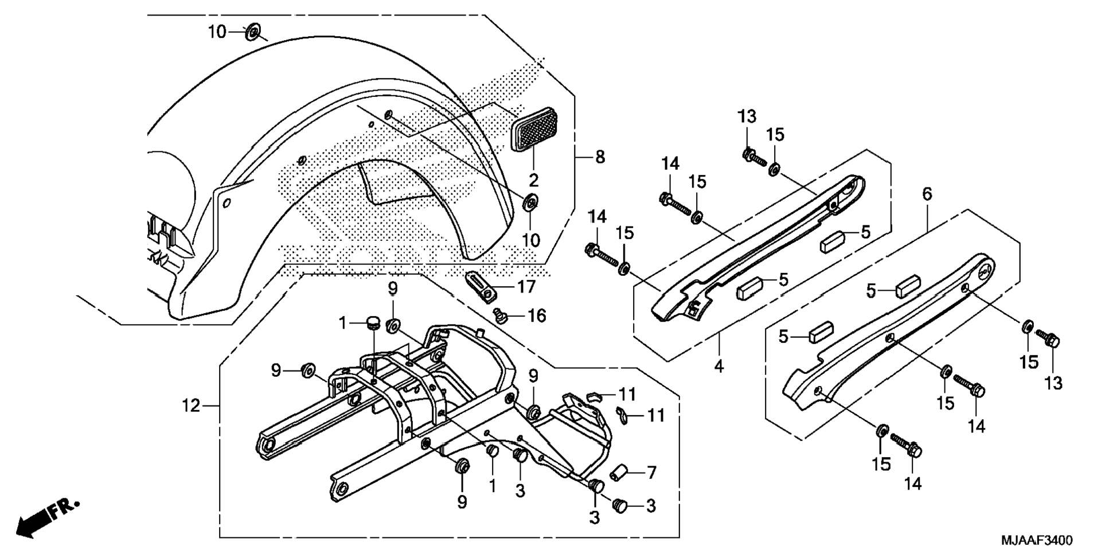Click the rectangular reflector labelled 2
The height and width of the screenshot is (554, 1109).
[534, 130]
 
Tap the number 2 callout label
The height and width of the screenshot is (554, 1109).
[534, 181]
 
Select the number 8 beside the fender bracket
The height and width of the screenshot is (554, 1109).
[600, 157]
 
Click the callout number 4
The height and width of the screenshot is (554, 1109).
[719, 365]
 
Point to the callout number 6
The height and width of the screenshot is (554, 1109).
[927, 194]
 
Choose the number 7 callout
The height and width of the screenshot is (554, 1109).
[651, 473]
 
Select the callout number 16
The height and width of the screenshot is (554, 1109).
[537, 316]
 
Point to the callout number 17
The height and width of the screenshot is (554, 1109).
[526, 287]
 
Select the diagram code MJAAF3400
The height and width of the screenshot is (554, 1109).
[1037, 541]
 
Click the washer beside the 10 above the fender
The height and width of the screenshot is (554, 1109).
[252, 33]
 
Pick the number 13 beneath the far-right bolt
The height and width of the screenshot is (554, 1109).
[1053, 383]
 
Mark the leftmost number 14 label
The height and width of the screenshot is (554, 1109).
[597, 217]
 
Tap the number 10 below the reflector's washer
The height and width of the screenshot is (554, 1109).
[531, 240]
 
